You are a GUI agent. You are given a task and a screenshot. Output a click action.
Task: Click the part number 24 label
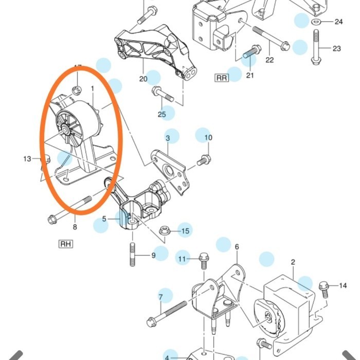(x=338, y=22)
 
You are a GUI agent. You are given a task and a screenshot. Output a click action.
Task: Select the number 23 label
(x=336, y=49)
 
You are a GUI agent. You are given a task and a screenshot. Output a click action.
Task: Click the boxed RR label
(x=221, y=78)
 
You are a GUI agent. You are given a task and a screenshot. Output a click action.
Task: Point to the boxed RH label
(x=65, y=244)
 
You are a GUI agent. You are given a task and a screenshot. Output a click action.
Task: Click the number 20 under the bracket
(x=143, y=79)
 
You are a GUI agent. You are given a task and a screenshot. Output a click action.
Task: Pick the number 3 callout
(x=167, y=138)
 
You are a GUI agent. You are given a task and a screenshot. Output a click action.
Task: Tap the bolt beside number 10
(x=204, y=160)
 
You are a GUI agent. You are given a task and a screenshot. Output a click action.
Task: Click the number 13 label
(x=27, y=159)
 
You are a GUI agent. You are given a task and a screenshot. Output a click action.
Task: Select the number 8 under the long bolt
(x=75, y=227)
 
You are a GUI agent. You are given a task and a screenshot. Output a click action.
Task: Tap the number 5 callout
(x=104, y=219)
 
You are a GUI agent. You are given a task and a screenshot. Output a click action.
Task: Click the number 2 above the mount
(x=293, y=262)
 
